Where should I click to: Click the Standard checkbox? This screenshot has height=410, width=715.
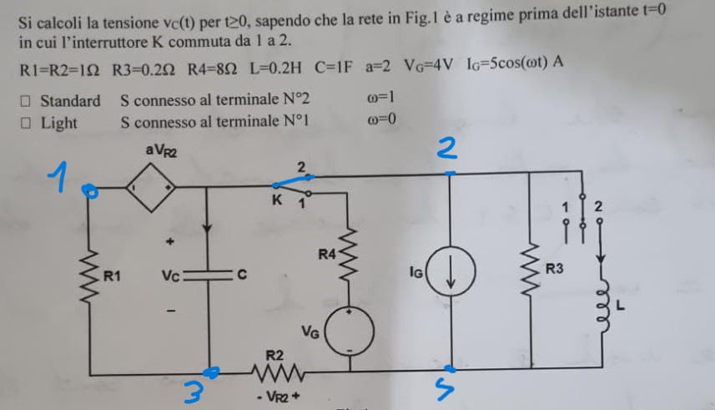26,101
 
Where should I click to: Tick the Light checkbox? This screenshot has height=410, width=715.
26,123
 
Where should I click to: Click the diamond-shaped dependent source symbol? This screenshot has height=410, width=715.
151,187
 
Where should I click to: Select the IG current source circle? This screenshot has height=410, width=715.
451,271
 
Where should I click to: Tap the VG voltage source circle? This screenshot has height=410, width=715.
350,332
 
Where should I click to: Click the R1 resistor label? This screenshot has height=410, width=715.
112,276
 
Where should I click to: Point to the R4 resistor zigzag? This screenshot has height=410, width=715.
348,256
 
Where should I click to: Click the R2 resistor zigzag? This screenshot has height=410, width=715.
278,372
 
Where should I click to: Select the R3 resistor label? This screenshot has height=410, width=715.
555,269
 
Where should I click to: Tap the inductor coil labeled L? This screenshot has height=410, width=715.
603,303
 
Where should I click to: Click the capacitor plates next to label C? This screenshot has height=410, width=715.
209,275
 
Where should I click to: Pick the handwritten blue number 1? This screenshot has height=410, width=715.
59,176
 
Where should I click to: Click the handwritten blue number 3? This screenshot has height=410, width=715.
194,392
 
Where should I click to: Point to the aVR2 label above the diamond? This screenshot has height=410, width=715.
161,149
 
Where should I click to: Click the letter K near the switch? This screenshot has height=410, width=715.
277,200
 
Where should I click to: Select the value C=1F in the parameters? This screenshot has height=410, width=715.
334,67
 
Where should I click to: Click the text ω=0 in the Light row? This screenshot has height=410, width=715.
381,119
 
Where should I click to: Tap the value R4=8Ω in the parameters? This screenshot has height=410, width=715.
212,69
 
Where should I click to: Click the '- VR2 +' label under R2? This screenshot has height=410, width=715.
277,397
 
